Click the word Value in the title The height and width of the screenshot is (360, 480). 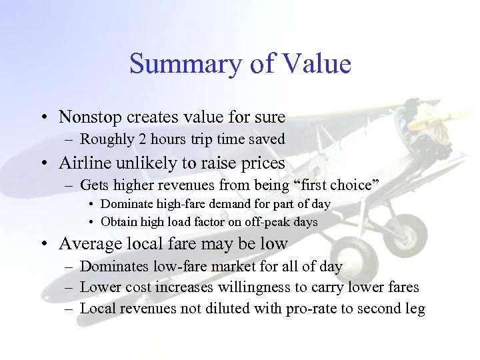pos(317,65)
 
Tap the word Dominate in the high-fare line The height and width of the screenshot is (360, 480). pos(127,204)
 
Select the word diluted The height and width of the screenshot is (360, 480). pos(228,308)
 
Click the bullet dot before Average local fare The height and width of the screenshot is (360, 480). pos(43,245)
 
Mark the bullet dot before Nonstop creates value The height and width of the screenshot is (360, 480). pos(43,118)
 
